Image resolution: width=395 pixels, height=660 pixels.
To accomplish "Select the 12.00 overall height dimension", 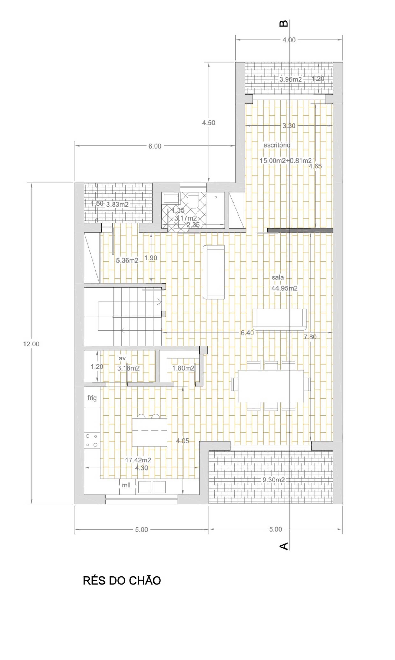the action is tap(31, 344).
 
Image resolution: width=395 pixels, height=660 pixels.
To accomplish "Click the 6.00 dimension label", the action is tap(155, 146).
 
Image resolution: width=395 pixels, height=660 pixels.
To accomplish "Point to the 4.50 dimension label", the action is tap(208, 123).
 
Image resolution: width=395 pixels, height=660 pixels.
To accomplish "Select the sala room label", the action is tap(278, 277).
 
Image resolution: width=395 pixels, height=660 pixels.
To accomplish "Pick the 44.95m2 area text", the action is tap(284, 288).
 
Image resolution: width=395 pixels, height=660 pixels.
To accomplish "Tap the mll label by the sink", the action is tap(126, 485).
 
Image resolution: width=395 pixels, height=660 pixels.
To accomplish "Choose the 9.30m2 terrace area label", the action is tap(274, 480).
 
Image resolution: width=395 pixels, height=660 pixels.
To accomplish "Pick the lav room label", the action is tap(121, 358).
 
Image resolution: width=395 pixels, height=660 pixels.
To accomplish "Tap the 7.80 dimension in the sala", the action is tap(310, 337).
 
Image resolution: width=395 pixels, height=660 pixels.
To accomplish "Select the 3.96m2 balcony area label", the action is tap(290, 79).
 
